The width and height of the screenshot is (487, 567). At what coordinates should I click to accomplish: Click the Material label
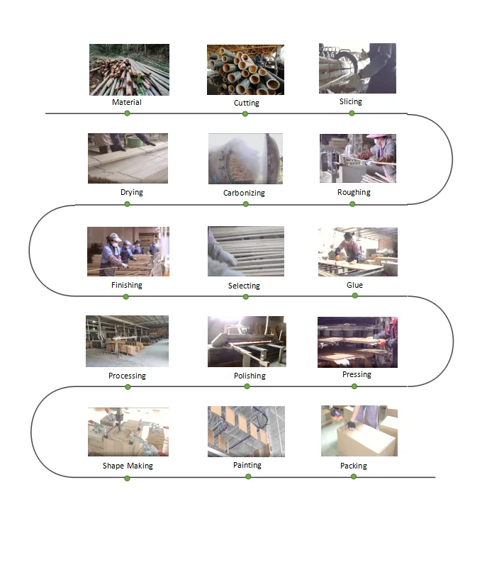(126, 102)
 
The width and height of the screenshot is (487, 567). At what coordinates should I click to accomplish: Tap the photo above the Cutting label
(245, 69)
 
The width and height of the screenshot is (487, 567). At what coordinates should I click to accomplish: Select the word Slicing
(350, 101)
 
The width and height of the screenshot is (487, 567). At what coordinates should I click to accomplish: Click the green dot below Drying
(127, 204)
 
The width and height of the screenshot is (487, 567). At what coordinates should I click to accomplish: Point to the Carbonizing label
(244, 193)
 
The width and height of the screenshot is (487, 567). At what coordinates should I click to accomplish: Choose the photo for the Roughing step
(357, 158)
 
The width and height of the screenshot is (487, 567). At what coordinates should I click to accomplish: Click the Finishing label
(126, 285)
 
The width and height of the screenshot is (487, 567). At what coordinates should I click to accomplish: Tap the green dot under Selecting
(246, 296)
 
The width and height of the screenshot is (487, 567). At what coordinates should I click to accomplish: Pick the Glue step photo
(357, 252)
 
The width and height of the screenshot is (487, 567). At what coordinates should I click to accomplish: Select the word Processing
(127, 376)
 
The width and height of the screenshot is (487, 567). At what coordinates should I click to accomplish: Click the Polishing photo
(246, 341)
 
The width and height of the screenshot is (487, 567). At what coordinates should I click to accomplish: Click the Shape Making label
(128, 466)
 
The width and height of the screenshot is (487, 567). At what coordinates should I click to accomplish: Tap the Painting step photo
(246, 432)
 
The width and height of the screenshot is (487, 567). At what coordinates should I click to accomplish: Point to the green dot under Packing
(354, 476)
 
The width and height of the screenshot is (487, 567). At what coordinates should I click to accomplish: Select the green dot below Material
(127, 113)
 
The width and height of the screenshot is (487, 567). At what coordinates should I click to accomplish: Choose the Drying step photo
(128, 158)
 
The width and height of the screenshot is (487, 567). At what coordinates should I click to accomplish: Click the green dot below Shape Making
(127, 478)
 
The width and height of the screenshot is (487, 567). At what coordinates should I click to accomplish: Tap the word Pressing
(357, 374)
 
